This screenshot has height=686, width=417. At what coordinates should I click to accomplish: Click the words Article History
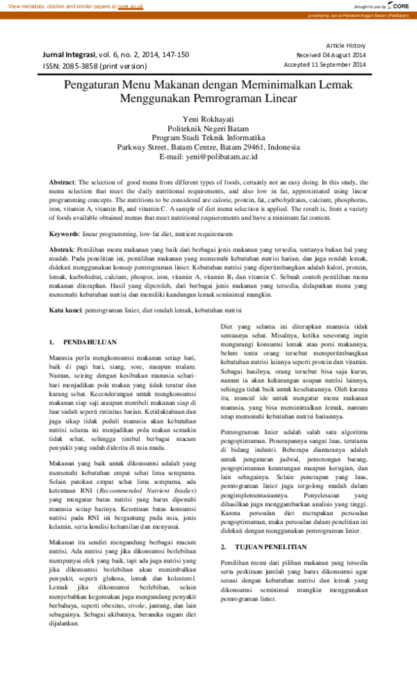pyautogui.click(x=345, y=45)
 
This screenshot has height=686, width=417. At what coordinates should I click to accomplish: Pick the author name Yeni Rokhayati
pyautogui.click(x=208, y=119)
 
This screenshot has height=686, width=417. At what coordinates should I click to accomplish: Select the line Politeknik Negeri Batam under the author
pyautogui.click(x=208, y=128)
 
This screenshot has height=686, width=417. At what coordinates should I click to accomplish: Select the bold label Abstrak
pyautogui.click(x=66, y=249)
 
